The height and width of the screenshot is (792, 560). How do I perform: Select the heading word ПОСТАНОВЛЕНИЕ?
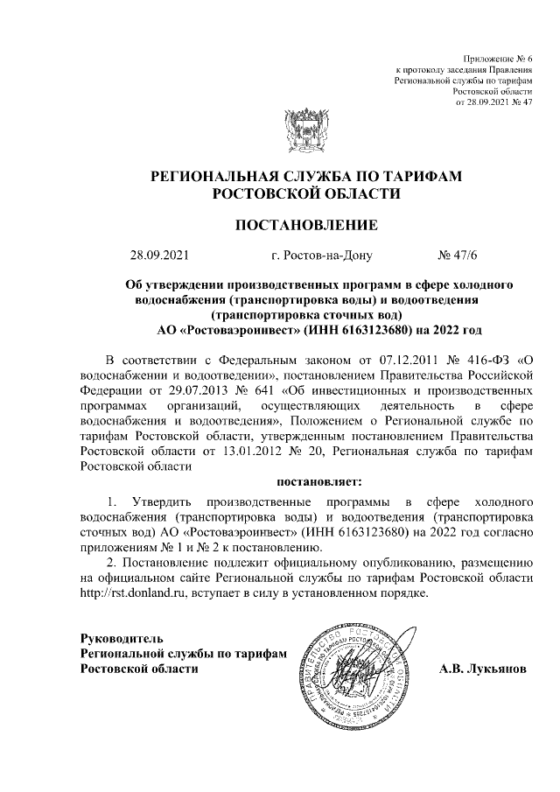coord(306,226)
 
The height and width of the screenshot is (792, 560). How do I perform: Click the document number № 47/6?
coord(457,256)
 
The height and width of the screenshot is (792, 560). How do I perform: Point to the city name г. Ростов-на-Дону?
coord(321,256)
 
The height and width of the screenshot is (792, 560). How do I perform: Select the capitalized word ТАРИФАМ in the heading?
coord(423,175)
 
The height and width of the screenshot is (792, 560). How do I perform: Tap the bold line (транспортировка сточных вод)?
coord(306,314)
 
